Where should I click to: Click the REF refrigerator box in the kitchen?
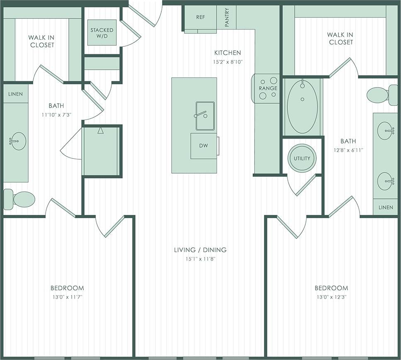coord(200,18)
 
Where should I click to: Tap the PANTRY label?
coord(227,18)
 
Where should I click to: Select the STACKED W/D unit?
coord(102,33)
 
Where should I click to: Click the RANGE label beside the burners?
coord(268,88)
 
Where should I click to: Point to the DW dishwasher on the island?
coord(203,146)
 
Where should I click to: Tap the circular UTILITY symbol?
coord(302,158)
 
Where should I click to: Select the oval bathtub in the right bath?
coord(302,106)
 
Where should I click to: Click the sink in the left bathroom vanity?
coord(17,141)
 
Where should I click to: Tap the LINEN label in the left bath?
coord(16,94)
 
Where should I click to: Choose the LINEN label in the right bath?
coord(385,207)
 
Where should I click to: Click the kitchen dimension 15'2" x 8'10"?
coord(228,62)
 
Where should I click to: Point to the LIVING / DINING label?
coord(200,250)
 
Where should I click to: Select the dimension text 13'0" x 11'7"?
coord(67,297)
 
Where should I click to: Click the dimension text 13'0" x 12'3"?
coord(331,297)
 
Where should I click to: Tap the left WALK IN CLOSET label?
coord(41,41)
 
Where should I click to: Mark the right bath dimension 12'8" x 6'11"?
coord(348,150)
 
